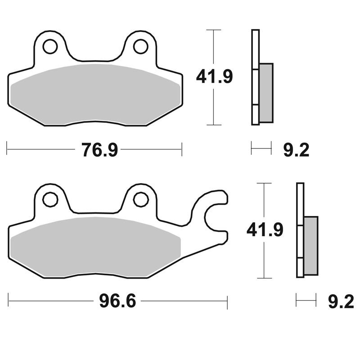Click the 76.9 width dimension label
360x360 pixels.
[x=99, y=150]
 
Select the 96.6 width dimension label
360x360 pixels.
[x=117, y=301]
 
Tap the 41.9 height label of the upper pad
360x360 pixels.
[x=215, y=76]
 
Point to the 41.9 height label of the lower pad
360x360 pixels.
[x=265, y=229]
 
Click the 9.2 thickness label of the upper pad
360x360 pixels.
[x=296, y=150]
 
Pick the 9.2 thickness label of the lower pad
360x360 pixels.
[x=341, y=301]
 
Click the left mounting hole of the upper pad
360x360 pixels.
[x=50, y=47]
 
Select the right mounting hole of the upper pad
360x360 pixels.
[x=140, y=47]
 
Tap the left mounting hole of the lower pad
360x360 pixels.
[x=50, y=199]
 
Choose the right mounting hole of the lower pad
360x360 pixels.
[x=140, y=199]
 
